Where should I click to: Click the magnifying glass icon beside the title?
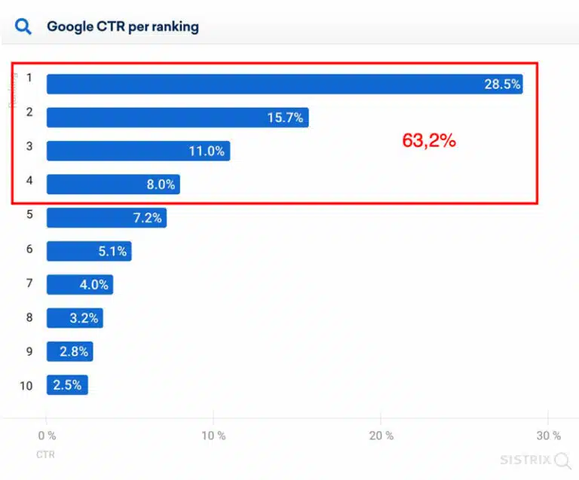pos(23,27)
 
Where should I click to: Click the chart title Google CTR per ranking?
pos(123,27)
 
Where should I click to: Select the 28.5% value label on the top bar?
pos(502,84)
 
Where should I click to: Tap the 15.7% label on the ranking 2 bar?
pos(285,118)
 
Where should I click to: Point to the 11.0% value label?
pos(207,151)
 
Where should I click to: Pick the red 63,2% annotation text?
pos(429,140)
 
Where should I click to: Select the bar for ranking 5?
pos(106,218)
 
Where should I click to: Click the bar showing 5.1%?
pos(89,251)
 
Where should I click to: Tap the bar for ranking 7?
pos(80,285)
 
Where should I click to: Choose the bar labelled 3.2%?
pos(75,318)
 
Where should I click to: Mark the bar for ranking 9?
pos(70,351)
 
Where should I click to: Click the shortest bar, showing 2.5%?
pos(68,385)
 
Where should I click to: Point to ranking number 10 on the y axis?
pos(26,385)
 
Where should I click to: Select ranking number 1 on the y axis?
pos(29,77)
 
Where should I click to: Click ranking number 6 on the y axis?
pos(29,248)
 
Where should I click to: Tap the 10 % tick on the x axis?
pos(213,436)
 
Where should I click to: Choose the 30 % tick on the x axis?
pos(548,436)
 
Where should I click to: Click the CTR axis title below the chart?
pos(45,454)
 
